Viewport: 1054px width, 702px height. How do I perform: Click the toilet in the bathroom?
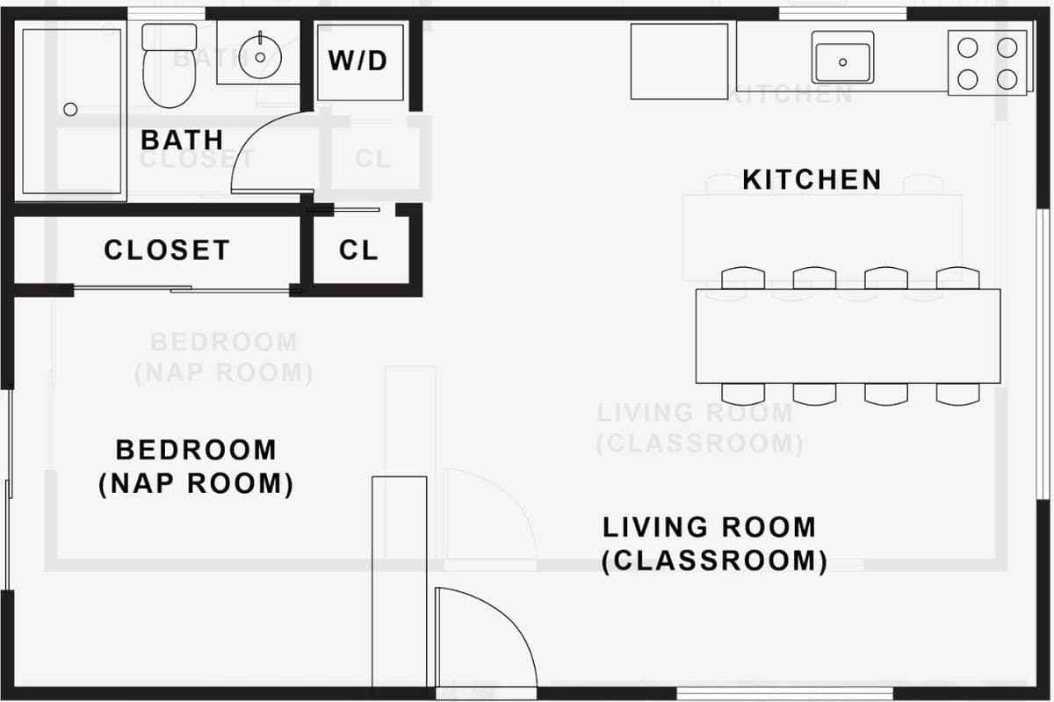click(x=170, y=65)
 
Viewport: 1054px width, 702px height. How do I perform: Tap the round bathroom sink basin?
click(x=260, y=57)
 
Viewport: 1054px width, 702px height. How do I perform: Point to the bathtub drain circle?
click(x=70, y=109)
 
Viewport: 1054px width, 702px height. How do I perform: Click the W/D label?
click(x=357, y=62)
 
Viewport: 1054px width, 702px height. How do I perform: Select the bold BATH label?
click(x=182, y=140)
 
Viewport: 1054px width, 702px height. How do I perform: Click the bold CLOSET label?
click(x=167, y=250)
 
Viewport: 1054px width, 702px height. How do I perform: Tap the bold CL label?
click(x=358, y=250)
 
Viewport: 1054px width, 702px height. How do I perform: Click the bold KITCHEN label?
click(x=812, y=179)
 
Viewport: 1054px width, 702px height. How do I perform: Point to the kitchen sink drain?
click(x=842, y=62)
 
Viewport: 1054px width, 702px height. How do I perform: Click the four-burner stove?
click(x=987, y=63)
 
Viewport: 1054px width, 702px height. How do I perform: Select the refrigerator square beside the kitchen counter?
click(x=680, y=62)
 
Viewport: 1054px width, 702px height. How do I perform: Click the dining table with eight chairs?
click(x=848, y=337)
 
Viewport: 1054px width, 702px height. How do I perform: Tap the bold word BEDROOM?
click(x=196, y=450)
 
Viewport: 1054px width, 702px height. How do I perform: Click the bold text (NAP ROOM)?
click(x=196, y=483)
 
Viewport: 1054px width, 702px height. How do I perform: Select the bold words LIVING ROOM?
click(x=709, y=527)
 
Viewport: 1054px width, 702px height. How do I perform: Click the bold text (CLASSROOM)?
click(x=714, y=561)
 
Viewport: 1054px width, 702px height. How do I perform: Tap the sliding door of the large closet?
click(x=182, y=288)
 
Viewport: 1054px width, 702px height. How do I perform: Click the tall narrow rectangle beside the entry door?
click(x=400, y=582)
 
